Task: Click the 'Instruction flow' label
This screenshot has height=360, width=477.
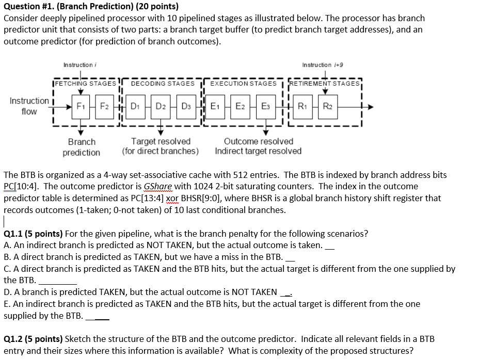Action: click(29, 106)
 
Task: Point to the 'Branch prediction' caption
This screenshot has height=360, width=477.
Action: click(82, 146)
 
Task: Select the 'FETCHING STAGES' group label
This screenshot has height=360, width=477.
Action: click(86, 83)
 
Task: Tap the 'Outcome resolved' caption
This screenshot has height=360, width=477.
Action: click(258, 141)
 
